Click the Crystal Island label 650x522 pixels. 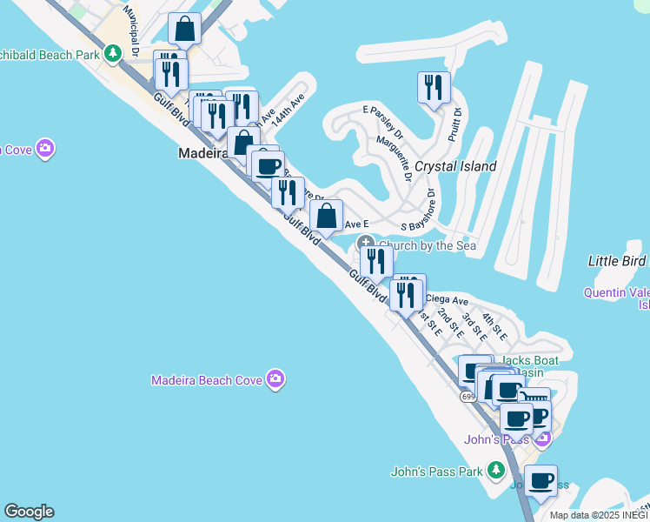click(455, 166)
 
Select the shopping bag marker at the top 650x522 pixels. click(185, 30)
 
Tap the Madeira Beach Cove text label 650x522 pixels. click(208, 380)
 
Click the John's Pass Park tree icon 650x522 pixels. click(495, 471)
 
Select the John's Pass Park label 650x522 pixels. click(436, 472)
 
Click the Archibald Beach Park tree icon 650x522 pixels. click(112, 54)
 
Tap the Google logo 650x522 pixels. click(29, 512)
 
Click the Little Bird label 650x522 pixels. click(617, 261)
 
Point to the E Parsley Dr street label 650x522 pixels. click(383, 122)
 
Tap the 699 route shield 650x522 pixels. click(468, 397)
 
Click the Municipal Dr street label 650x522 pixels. click(131, 30)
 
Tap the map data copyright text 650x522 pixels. click(599, 515)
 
